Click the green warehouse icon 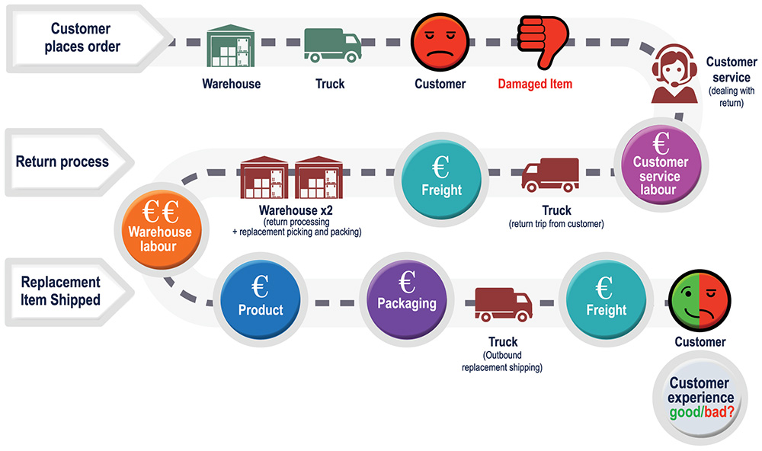231,45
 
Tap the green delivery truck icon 332,45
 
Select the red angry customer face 440,43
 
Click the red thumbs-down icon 543,42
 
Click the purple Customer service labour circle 661,165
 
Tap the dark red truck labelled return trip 550,175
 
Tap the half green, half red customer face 700,300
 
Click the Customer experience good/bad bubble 700,398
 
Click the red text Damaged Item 535,84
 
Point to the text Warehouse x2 296,210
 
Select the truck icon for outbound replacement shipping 504,305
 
